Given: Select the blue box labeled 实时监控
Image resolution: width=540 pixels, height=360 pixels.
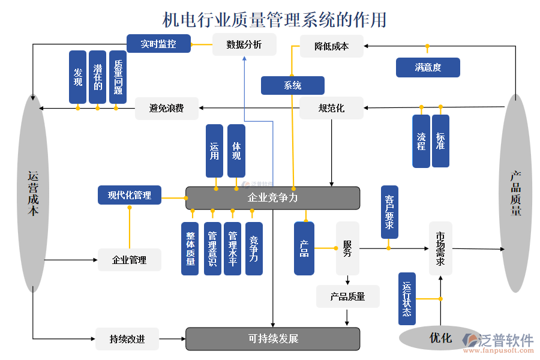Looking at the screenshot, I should pyautogui.click(x=158, y=44).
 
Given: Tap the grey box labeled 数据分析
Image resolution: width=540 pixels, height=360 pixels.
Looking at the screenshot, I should pyautogui.click(x=244, y=44).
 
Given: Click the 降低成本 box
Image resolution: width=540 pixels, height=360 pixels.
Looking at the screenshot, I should pyautogui.click(x=331, y=46).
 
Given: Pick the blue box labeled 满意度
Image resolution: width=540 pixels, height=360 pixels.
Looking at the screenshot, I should pyautogui.click(x=427, y=67).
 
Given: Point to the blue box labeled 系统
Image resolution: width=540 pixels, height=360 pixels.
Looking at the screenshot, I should pyautogui.click(x=292, y=85).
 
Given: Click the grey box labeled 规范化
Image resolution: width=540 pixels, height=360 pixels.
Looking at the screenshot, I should pyautogui.click(x=331, y=108).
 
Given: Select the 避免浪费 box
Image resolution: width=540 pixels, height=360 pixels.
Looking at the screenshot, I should pyautogui.click(x=166, y=108).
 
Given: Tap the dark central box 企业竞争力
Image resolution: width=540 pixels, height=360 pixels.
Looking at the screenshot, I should pyautogui.click(x=272, y=197).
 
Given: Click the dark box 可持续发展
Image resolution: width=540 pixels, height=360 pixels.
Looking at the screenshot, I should pyautogui.click(x=272, y=338).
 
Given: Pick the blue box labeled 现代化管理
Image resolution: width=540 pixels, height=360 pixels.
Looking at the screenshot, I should pyautogui.click(x=130, y=195).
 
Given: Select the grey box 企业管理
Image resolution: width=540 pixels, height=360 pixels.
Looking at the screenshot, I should pyautogui.click(x=129, y=260).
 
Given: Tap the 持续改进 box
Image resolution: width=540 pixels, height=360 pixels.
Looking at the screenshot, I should pyautogui.click(x=127, y=339).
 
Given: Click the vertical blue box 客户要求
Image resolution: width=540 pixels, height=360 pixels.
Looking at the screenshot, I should pyautogui.click(x=389, y=212).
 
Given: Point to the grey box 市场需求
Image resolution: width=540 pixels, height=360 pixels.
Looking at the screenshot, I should pyautogui.click(x=440, y=248).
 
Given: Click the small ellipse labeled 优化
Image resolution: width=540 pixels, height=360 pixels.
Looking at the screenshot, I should pyautogui.click(x=440, y=338).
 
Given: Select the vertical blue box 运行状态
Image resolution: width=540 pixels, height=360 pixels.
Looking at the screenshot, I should pyautogui.click(x=407, y=298).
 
